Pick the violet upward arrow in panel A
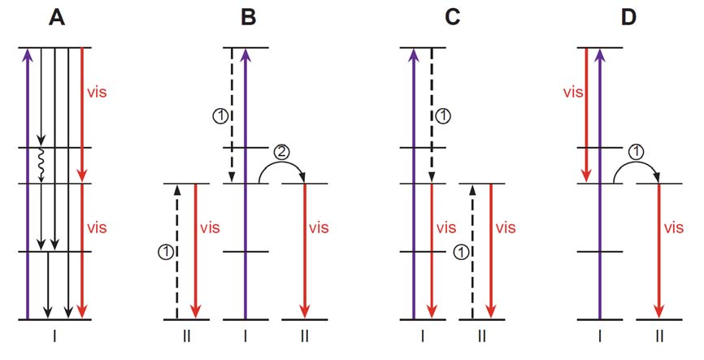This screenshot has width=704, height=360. (x=28, y=183)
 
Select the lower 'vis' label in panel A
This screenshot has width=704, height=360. (x=96, y=225)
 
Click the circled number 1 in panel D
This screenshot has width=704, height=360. (x=637, y=150)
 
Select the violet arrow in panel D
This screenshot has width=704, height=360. (x=599, y=183)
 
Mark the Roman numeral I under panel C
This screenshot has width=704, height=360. (x=424, y=334)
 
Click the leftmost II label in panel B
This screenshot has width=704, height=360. (x=186, y=334)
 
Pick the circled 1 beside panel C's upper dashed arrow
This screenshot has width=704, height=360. (x=443, y=116)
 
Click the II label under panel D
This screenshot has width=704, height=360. (x=659, y=334)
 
